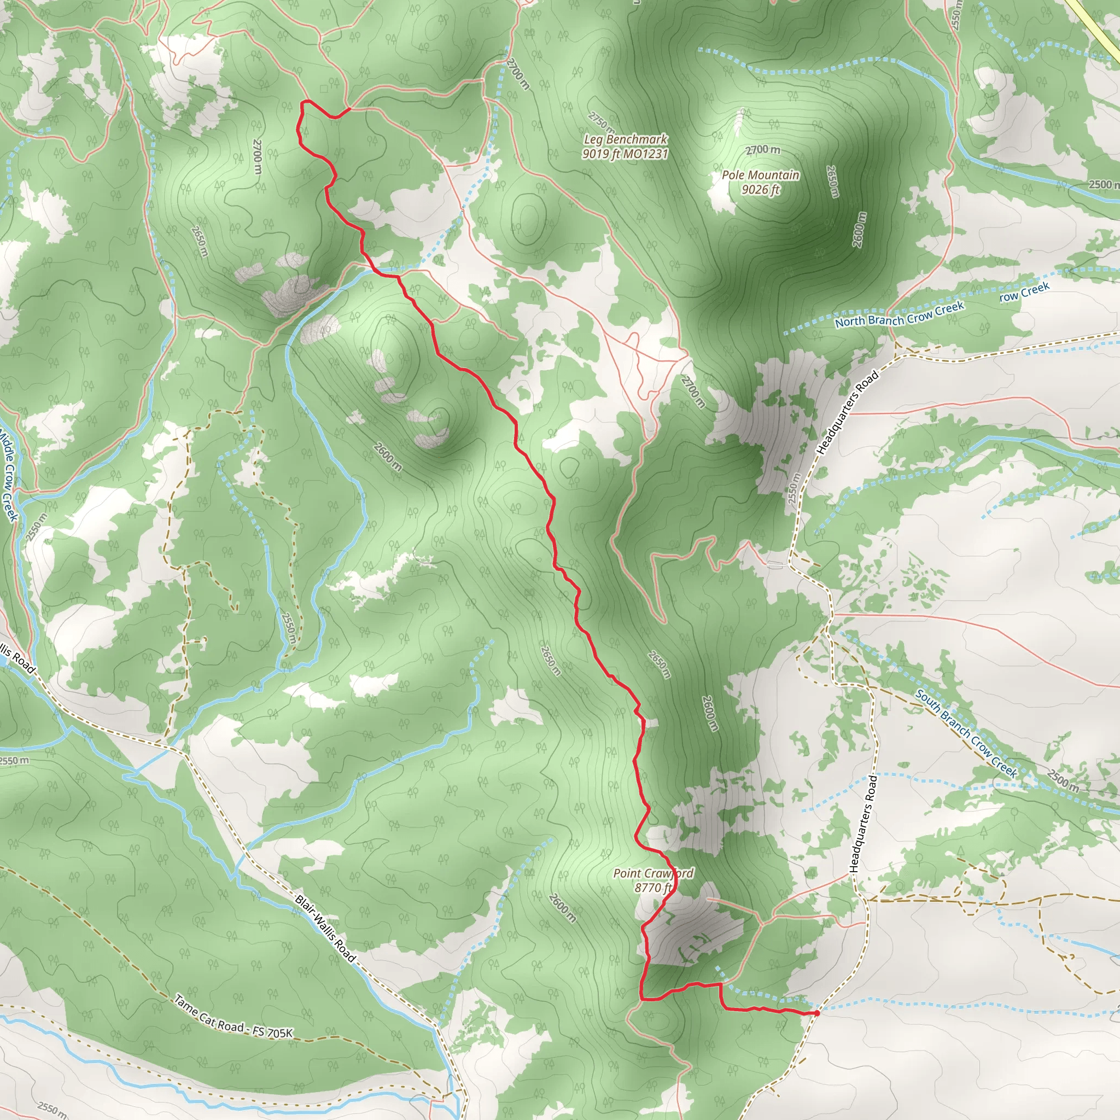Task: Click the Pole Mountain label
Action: tap(760, 174)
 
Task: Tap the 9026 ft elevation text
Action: tap(761, 190)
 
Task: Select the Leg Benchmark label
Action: tap(625, 139)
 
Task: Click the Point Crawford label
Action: tap(653, 873)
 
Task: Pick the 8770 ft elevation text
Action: tap(653, 888)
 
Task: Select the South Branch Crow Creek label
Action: tap(966, 733)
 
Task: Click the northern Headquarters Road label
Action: tap(847, 412)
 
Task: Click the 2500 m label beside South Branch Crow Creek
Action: tap(1063, 780)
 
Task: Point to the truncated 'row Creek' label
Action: tap(1024, 291)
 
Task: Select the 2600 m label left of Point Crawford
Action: tap(562, 908)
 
